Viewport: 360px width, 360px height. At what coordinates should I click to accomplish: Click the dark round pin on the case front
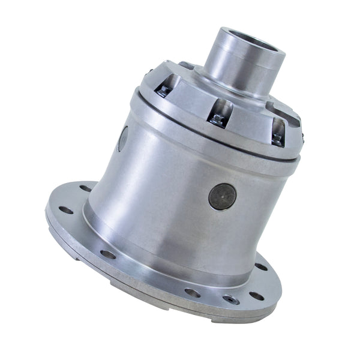222,196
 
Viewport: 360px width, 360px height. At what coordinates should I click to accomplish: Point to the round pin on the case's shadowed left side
122,139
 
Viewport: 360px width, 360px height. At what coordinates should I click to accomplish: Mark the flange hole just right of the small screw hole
256,295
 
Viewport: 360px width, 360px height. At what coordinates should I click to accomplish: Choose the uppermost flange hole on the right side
262,266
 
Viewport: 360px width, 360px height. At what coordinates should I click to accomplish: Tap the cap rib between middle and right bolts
249,123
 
